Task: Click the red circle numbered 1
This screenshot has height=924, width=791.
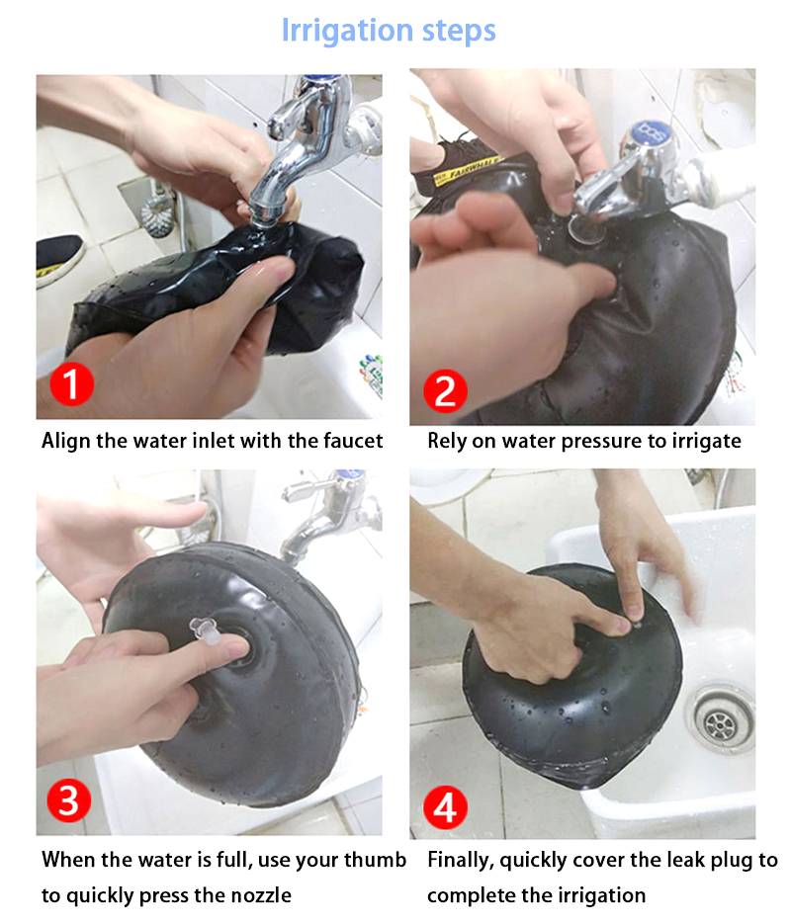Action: [x=72, y=383]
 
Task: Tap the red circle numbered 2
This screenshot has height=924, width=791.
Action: [x=445, y=390]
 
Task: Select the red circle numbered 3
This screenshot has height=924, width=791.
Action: [x=69, y=800]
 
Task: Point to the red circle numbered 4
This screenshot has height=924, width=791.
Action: [x=445, y=807]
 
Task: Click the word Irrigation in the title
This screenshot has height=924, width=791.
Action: [x=347, y=31]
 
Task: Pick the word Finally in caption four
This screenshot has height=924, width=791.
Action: [x=461, y=861]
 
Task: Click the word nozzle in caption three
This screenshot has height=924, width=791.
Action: [x=260, y=895]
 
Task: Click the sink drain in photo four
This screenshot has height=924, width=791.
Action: [x=720, y=720]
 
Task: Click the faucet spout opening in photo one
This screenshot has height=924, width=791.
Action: [x=265, y=219]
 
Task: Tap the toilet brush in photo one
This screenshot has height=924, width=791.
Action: [x=158, y=213]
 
